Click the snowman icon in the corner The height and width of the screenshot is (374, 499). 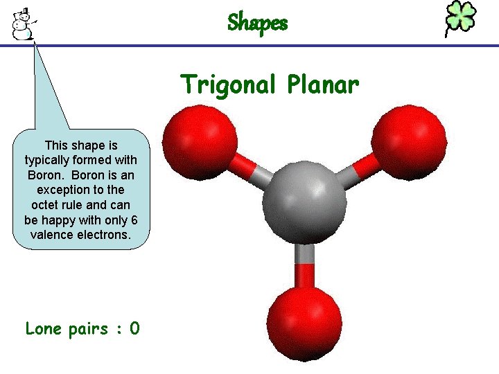coord(24,24)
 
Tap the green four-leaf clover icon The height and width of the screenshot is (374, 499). coord(460,19)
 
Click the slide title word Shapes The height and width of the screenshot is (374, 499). coord(257,23)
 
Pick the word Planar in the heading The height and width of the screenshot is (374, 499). coord(322,85)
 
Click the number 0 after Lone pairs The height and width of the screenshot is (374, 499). coord(134,328)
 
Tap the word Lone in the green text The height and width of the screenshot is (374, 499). coord(44,328)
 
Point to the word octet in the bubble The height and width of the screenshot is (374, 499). coord(46,204)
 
